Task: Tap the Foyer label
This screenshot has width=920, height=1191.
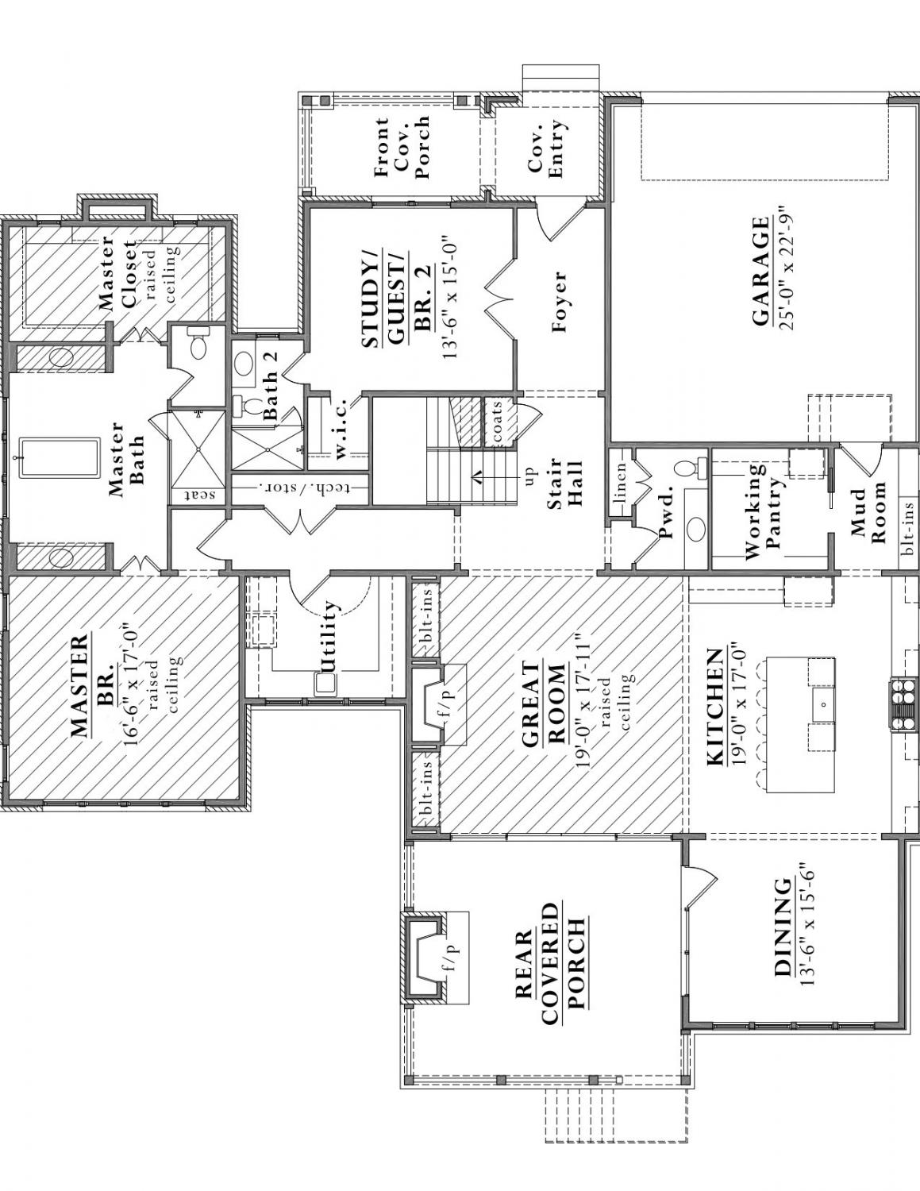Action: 559,302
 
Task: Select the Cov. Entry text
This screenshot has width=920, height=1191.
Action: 546,148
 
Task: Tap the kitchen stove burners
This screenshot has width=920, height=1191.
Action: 903,702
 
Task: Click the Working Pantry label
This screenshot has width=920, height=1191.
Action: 764,512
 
